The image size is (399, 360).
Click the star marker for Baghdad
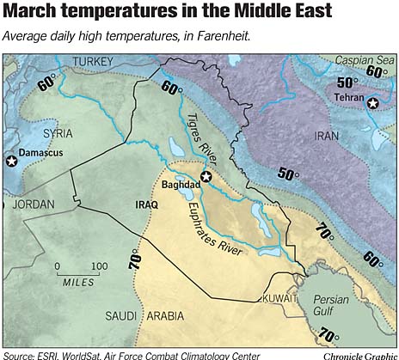(x=206, y=178)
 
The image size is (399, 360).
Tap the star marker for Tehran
(x=371, y=104)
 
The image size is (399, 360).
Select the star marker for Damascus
(x=11, y=161)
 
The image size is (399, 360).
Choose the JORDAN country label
(x=30, y=204)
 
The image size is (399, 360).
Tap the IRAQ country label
(x=148, y=204)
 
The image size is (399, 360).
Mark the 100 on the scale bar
(x=99, y=265)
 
